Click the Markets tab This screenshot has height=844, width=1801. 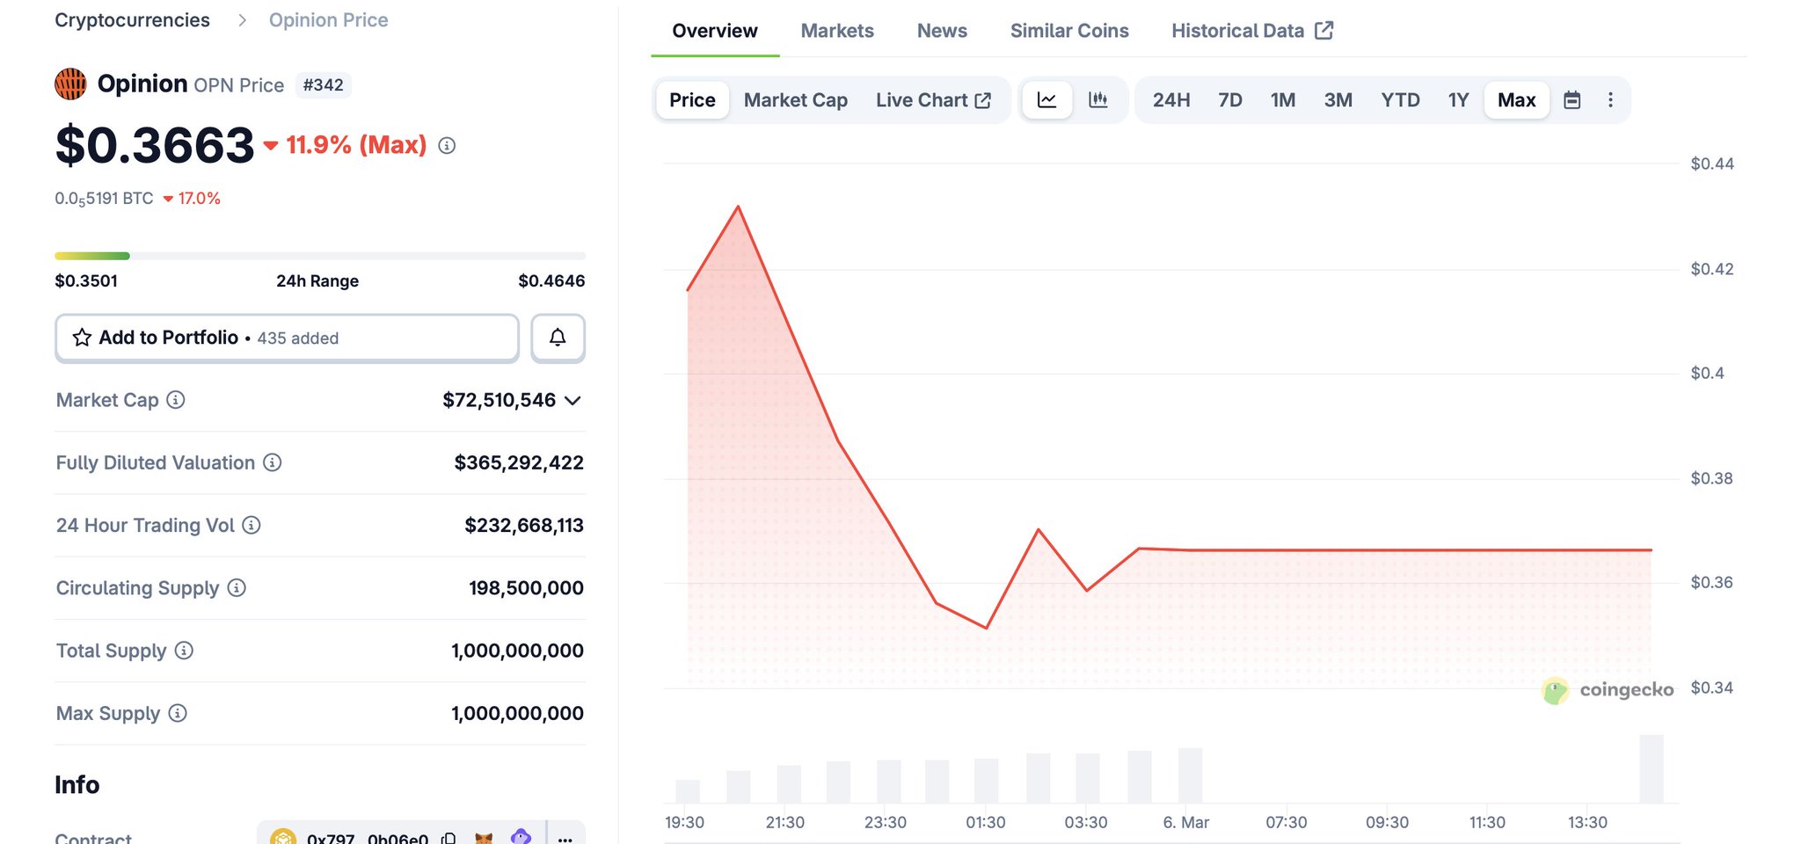coord(836,31)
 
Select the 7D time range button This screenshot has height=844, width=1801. coord(1229,100)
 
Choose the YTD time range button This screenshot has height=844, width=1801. coord(1399,100)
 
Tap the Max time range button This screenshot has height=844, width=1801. coord(1516,100)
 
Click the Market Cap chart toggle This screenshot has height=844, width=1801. coord(795,100)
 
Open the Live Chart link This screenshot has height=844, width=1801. coord(932,100)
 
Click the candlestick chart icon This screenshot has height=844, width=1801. coord(1097,100)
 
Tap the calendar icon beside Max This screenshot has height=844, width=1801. coord(1571,100)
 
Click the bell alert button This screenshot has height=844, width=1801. coord(558,338)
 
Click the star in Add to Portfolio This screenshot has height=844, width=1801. coord(82,338)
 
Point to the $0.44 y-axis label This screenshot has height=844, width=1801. coord(1711,164)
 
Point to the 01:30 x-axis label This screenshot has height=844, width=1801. coord(985,822)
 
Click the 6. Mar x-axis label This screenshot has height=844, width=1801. coord(1185,822)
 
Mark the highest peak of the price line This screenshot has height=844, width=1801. coord(738,207)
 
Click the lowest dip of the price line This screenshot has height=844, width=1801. coord(987,628)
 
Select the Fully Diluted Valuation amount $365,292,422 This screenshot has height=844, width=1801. coord(518,462)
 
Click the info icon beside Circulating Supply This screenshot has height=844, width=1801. coord(237,587)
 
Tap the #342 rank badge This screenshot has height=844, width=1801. coord(323,85)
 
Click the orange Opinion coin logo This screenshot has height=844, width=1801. coord(70,84)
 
